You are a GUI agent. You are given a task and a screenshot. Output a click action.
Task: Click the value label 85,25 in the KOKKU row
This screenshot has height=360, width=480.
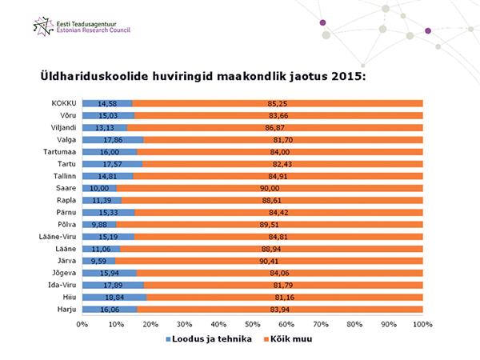pos(278,103)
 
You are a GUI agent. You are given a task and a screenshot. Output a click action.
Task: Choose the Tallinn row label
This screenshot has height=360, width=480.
pos(62,175)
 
